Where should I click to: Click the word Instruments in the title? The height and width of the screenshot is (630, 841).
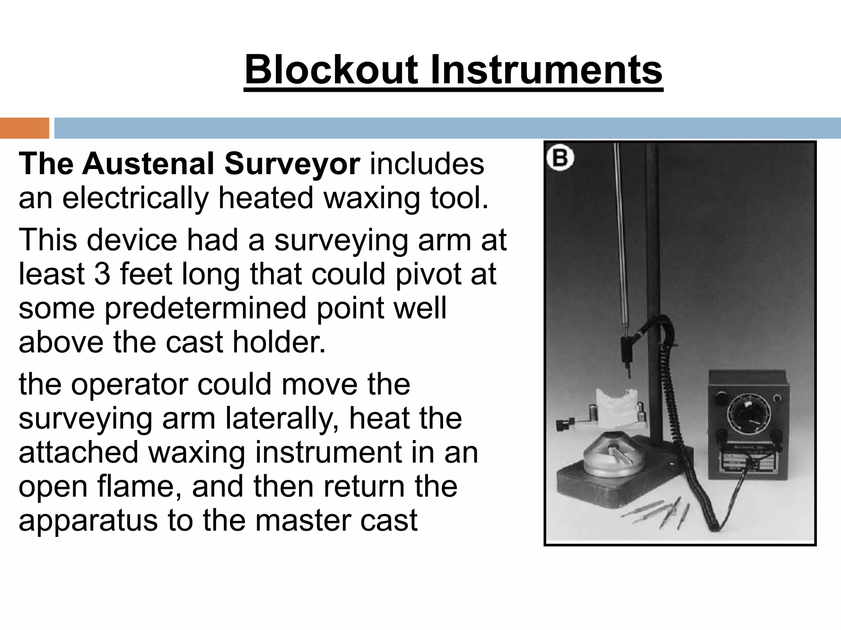coord(546,70)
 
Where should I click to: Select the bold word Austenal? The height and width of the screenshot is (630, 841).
coord(149,164)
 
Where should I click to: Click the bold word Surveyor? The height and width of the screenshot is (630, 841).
coord(292,164)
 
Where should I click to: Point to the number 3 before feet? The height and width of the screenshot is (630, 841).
coord(102,274)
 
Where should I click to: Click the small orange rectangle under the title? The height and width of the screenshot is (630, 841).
coord(24,128)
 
